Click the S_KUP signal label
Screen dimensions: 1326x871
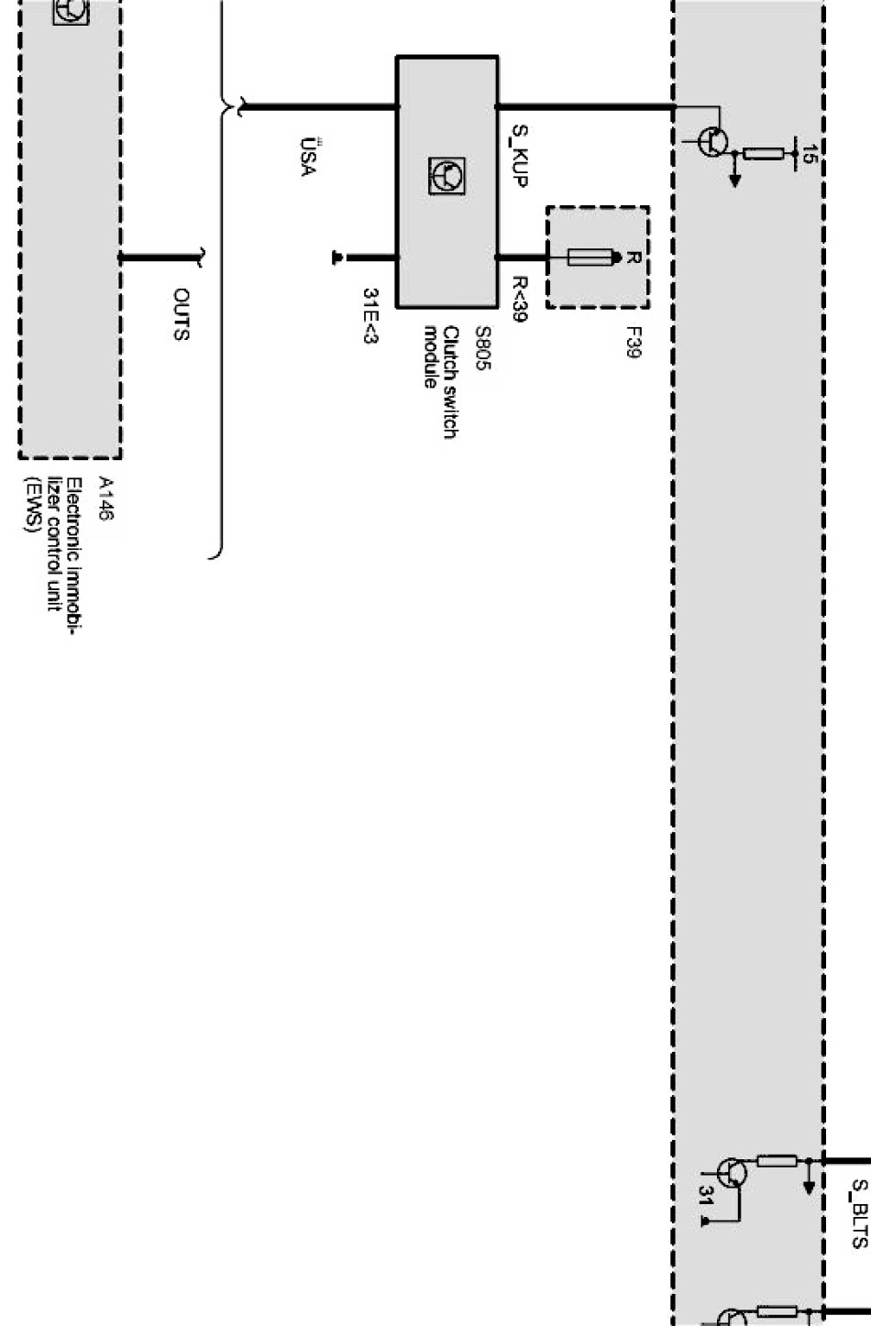pos(519,156)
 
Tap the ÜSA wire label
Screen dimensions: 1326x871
pos(309,158)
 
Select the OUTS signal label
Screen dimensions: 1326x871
pos(182,314)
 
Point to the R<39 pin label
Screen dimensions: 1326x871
pos(519,300)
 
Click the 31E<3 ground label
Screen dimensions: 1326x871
pos(370,316)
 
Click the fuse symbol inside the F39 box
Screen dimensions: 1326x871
pos(592,258)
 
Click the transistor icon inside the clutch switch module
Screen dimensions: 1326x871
pos(447,175)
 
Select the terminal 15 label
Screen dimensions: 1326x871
pos(808,153)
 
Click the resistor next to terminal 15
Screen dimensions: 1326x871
pos(763,153)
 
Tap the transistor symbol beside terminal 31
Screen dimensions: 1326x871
pos(731,1173)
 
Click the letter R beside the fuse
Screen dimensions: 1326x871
pos(633,258)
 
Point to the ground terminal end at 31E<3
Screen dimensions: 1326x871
pos(338,258)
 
